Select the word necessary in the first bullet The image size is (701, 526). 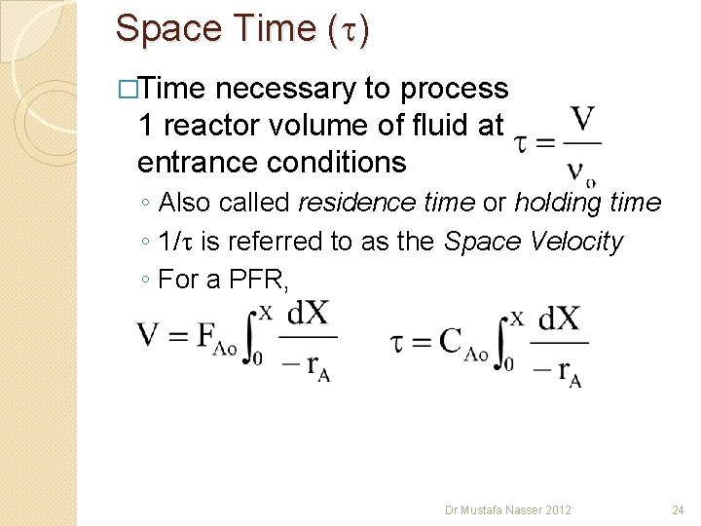tap(285, 90)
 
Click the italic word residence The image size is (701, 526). tap(346, 204)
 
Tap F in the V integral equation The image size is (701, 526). tap(206, 335)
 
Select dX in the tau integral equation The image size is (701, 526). tap(558, 319)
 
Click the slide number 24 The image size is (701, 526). tap(679, 509)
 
